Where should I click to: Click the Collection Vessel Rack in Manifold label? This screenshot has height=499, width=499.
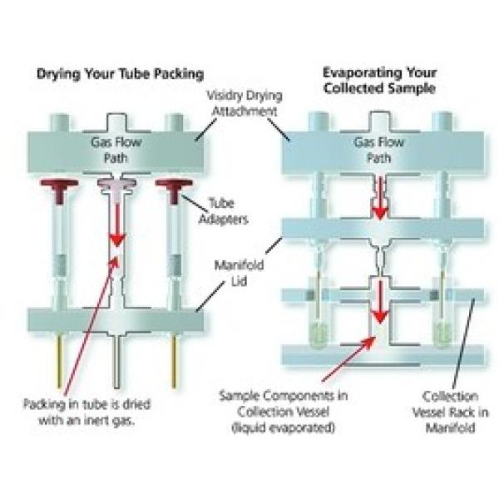[449, 411]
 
